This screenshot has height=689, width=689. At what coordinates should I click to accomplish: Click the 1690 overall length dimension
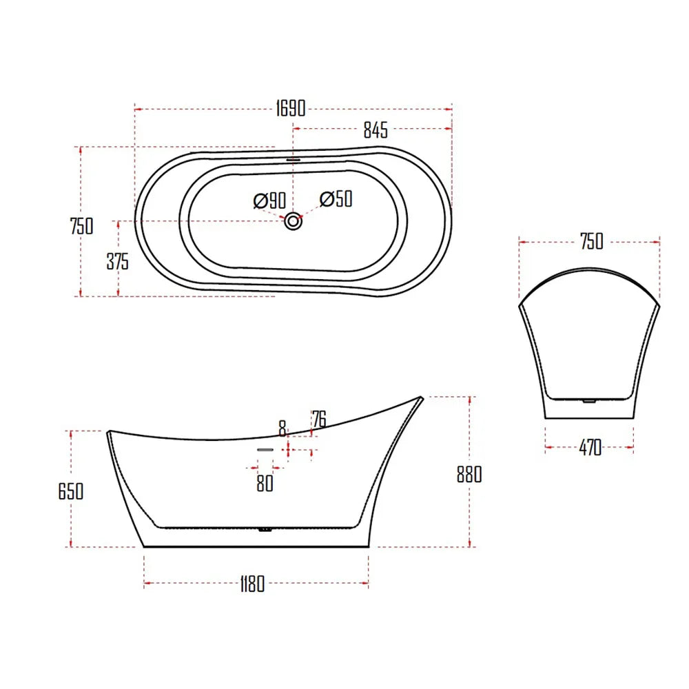(290, 108)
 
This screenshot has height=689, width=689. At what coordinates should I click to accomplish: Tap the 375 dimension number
(117, 261)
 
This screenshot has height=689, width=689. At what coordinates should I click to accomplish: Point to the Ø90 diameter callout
(269, 201)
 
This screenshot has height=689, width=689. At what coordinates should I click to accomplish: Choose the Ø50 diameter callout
(336, 199)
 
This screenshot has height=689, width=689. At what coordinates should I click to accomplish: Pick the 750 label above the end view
(590, 241)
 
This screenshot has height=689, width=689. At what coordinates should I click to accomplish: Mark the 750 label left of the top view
(81, 225)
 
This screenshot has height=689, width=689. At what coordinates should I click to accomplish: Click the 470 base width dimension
(590, 448)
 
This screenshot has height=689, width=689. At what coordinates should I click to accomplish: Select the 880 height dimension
(469, 474)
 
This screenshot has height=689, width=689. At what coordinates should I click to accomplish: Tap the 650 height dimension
(71, 491)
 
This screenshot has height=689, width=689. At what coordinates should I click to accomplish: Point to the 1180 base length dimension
(252, 586)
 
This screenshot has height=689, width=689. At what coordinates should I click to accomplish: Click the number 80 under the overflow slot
(265, 484)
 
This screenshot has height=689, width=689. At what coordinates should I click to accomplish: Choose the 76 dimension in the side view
(318, 418)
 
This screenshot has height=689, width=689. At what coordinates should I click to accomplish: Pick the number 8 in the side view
(282, 428)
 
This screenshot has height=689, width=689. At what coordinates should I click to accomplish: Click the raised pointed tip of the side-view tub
(420, 398)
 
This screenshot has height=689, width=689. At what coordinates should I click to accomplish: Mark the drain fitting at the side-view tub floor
(264, 530)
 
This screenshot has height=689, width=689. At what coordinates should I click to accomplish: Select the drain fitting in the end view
(588, 400)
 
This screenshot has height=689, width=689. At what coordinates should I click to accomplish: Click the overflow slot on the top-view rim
(294, 156)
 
